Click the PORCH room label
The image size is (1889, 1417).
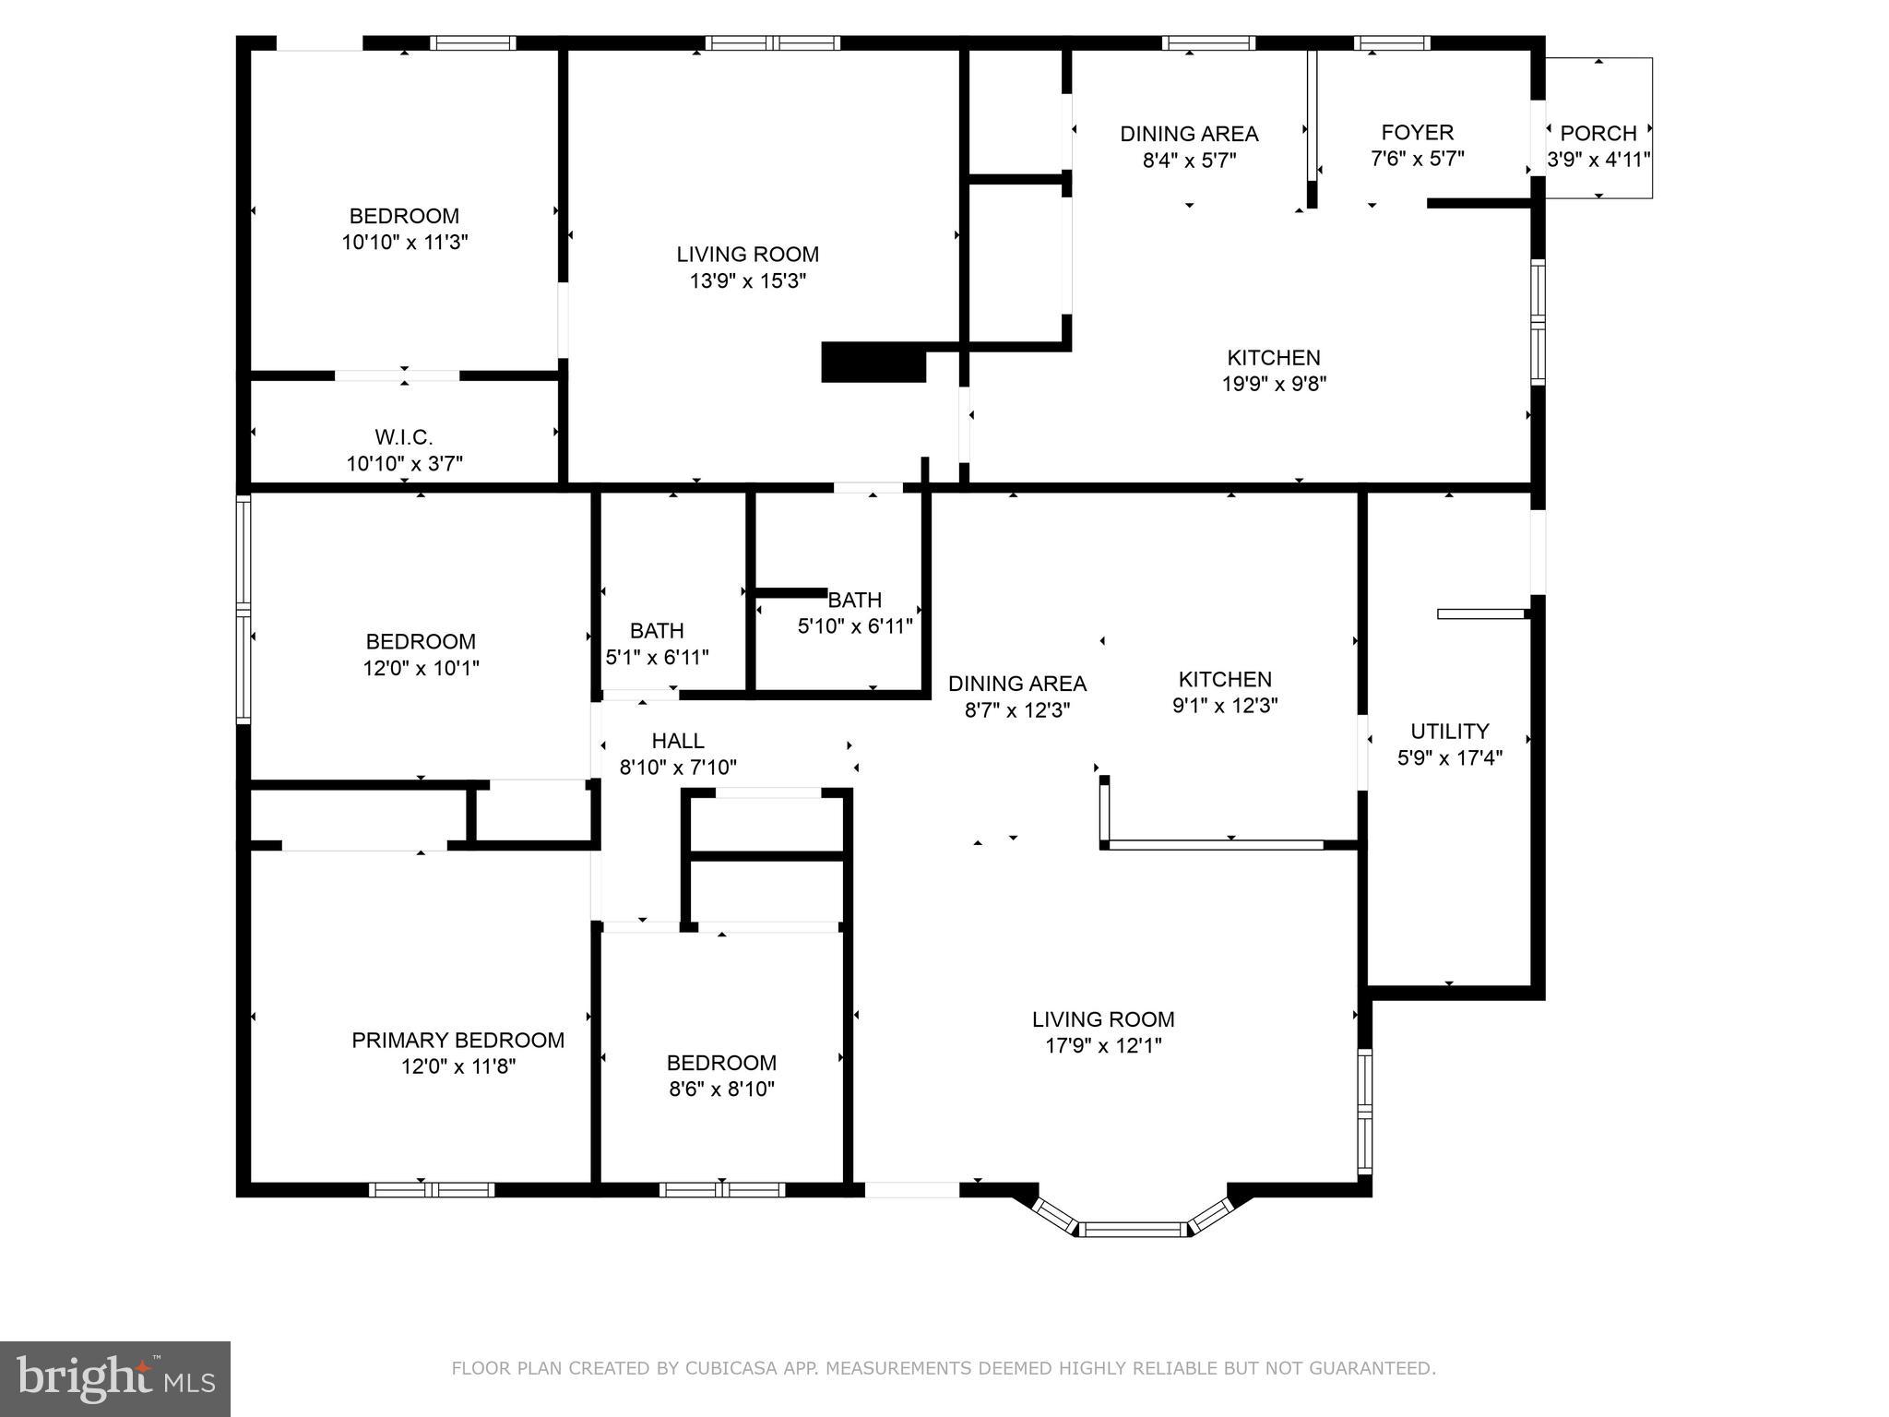tap(1598, 133)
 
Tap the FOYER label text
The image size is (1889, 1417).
tap(1417, 132)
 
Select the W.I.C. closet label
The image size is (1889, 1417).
tap(404, 437)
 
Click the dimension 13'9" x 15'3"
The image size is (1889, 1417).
tap(747, 280)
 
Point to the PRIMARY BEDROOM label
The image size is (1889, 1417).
tap(457, 1040)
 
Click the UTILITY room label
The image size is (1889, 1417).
tap(1449, 732)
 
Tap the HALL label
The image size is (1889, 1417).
tap(678, 741)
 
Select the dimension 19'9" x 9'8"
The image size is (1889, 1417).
tap(1274, 384)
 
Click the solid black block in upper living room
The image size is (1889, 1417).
tap(873, 363)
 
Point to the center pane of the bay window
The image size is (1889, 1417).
tap(1133, 1229)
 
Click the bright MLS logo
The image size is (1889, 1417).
tap(115, 1379)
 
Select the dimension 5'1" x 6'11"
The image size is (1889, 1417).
tap(657, 658)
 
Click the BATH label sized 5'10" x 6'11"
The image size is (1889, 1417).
tap(855, 600)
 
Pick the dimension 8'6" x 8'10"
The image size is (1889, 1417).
tap(721, 1089)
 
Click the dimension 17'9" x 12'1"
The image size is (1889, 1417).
tap(1103, 1045)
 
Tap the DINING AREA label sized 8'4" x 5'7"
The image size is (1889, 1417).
tap(1189, 134)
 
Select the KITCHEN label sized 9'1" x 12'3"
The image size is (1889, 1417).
tap(1225, 680)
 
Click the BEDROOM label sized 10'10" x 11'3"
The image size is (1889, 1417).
tap(404, 216)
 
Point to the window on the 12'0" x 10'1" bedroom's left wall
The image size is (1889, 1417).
tap(244, 609)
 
